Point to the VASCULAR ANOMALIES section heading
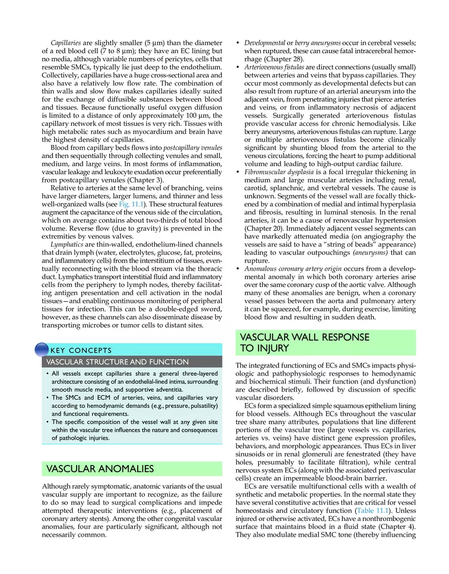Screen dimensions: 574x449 [100, 468]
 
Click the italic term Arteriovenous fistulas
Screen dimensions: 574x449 [274, 67]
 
